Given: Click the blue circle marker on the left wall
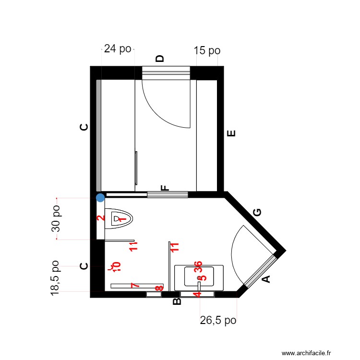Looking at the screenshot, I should click(100, 197).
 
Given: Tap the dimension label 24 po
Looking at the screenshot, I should click(118, 49).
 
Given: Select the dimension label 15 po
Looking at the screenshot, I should click(207, 50).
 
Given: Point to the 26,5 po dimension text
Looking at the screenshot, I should click(218, 320).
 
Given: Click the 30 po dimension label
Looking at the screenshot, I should click(56, 219).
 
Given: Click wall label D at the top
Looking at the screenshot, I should click(160, 59).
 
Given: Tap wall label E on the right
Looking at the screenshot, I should click(231, 133).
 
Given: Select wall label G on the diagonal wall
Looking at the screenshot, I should click(257, 213).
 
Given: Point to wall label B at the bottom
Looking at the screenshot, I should click(176, 301).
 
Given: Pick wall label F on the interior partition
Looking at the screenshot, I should click(165, 188).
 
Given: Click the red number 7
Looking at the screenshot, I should click(135, 286).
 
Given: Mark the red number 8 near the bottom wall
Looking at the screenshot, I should click(159, 288).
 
